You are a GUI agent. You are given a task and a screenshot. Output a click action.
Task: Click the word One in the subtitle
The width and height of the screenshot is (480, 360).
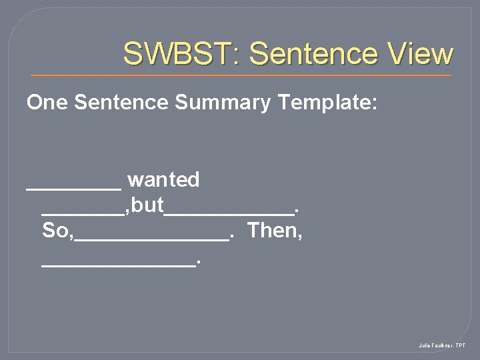48,103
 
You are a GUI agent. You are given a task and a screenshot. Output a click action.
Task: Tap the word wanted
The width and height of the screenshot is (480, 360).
163,180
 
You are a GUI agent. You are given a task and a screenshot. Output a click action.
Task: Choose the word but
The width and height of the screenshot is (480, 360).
147,206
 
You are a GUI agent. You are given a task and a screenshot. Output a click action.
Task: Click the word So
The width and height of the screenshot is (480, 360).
54,231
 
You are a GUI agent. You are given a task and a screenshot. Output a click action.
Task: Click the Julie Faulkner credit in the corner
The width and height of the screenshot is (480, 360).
442,345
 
